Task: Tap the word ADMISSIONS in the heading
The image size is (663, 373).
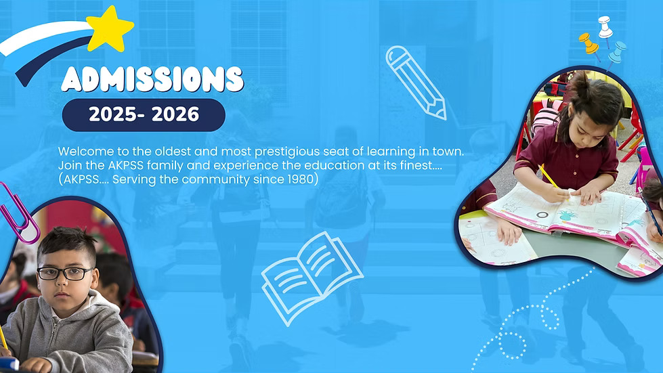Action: point(152,79)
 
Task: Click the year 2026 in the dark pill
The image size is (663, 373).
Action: point(175,114)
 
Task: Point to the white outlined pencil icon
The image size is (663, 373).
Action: point(416,83)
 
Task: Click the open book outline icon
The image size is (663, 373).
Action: point(312,278)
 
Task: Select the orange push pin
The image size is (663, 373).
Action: point(589,45)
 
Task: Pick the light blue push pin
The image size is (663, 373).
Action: point(616,53)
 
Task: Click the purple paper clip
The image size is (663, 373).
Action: point(19,215)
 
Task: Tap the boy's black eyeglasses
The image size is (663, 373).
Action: point(65,273)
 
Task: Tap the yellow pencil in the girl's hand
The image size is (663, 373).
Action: point(549,177)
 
